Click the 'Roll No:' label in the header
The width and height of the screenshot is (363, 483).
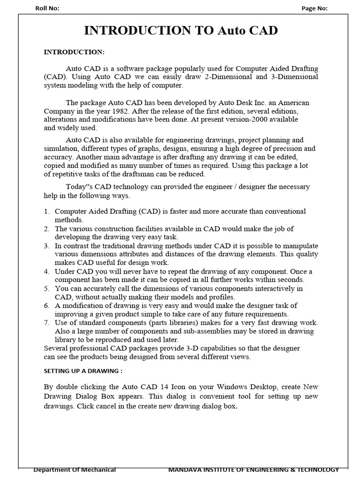(47, 8)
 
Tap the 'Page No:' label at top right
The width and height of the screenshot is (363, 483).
(314, 8)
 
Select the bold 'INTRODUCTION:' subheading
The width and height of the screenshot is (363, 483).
(74, 51)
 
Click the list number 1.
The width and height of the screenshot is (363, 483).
(47, 211)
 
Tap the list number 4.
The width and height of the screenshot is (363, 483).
(47, 272)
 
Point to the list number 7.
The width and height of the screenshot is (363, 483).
(47, 323)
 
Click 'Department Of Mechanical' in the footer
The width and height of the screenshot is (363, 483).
(74, 470)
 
